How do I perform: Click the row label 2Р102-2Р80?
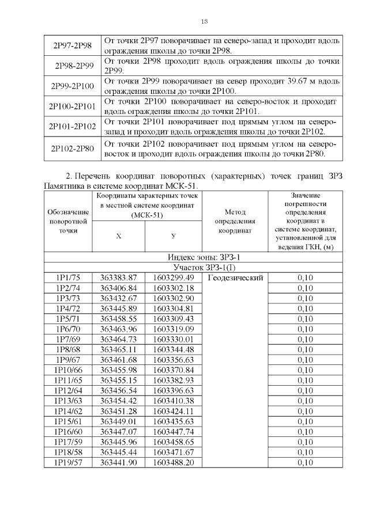tap(73, 149)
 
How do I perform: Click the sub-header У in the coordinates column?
tap(174, 237)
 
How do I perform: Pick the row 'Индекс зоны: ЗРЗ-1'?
tap(194, 258)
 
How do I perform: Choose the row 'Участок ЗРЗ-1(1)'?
tap(194, 268)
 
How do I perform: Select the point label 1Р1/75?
tap(68, 277)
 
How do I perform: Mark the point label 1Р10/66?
tap(68, 370)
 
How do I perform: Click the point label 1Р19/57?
tap(68, 462)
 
